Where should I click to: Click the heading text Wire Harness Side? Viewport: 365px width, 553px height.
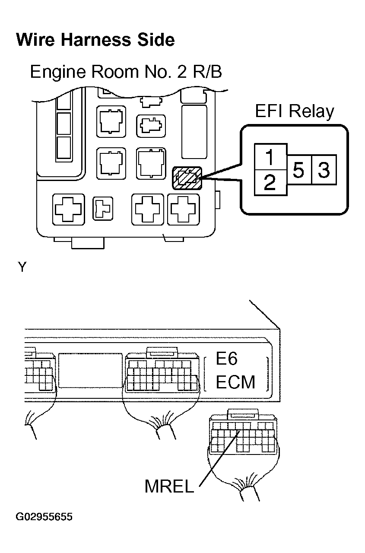tap(95, 40)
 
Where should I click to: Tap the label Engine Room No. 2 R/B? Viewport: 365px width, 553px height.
tap(126, 72)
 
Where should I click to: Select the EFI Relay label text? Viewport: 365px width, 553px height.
tap(295, 111)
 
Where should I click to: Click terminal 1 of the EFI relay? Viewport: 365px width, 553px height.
tap(270, 157)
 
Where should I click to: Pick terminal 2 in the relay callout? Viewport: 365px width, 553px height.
tap(270, 183)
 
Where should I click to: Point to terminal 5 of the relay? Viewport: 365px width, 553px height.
tap(298, 170)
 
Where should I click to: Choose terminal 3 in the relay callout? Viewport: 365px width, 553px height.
tap(324, 170)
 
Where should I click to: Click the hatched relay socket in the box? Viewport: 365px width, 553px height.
tap(187, 178)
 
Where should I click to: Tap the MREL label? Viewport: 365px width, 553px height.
tap(169, 486)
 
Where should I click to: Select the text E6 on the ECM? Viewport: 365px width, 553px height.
tap(226, 358)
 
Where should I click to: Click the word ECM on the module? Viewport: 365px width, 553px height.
tap(235, 382)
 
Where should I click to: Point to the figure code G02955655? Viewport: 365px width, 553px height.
tap(44, 517)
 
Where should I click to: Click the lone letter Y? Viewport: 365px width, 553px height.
tap(22, 267)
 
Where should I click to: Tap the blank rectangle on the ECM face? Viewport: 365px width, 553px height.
tap(90, 370)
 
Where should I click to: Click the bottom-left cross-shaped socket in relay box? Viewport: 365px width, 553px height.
tap(68, 210)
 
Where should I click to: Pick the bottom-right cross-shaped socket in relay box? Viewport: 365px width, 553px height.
tap(183, 210)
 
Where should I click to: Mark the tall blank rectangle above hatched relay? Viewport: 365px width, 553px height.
tap(194, 132)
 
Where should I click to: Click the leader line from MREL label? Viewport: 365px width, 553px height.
tap(219, 458)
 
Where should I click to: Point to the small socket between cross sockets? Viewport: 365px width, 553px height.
tap(103, 209)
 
